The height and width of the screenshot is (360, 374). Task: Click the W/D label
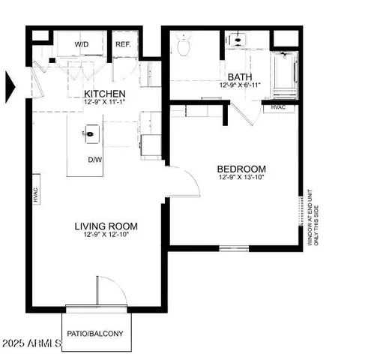click(x=82, y=45)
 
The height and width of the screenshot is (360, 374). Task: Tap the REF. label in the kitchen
click(x=123, y=45)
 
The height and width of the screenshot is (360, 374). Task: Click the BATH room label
click(x=239, y=77)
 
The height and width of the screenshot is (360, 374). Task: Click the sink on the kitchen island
click(x=90, y=136)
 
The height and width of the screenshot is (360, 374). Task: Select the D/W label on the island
click(x=94, y=160)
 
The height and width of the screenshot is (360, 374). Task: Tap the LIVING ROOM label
click(x=106, y=226)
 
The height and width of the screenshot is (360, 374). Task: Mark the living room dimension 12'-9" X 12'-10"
click(x=106, y=235)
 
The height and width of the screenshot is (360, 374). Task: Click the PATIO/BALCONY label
click(x=95, y=334)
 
